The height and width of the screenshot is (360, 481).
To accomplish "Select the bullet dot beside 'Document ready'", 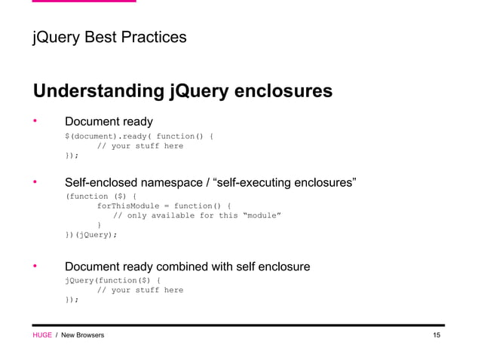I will [35, 121].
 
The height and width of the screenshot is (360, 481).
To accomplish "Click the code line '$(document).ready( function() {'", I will [139, 136].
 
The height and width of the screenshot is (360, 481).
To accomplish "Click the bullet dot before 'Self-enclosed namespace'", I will [35, 182].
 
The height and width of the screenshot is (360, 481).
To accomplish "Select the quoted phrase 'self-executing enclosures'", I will [285, 182].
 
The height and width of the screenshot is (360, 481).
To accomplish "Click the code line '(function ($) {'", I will [101, 196].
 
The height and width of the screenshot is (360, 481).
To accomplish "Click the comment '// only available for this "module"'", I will [197, 215].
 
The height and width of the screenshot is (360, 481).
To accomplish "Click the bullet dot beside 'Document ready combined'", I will [35, 267].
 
